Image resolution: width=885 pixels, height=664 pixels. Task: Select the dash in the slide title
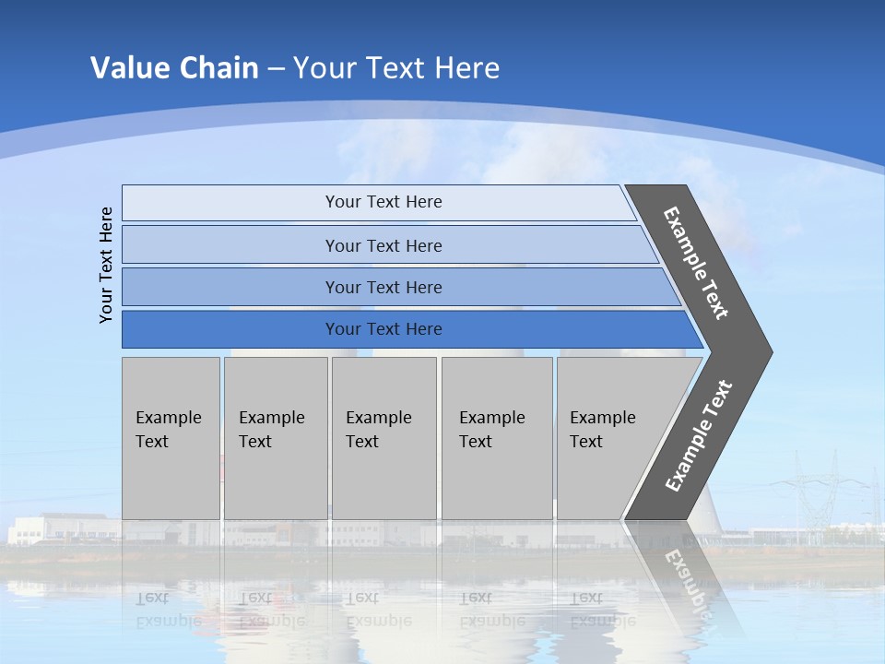coord(276,69)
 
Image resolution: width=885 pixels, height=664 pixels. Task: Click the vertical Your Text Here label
coord(106,265)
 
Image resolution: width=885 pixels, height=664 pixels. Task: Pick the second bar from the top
coord(383,245)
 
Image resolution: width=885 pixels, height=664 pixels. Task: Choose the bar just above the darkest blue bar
coord(383,287)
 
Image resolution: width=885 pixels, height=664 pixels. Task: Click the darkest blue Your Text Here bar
coord(383,329)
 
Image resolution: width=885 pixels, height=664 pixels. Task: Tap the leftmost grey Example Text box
coord(171,438)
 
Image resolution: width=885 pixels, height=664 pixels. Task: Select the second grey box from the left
coord(276,438)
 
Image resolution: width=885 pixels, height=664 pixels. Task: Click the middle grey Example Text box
coord(383,438)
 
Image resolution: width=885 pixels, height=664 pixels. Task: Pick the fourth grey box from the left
coord(497,438)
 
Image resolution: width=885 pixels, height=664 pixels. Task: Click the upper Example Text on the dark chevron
coord(696,263)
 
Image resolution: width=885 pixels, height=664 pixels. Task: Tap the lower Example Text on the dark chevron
coord(698,436)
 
